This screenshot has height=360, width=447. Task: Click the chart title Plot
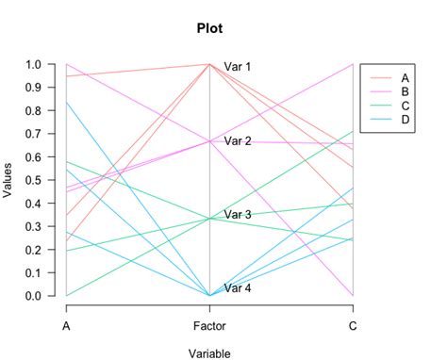(209, 27)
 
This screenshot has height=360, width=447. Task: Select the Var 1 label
(238, 66)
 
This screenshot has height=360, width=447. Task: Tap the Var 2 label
(238, 141)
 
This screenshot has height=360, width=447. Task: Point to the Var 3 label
(238, 215)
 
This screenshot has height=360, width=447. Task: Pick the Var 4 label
(238, 288)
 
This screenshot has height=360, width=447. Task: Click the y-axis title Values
(9, 179)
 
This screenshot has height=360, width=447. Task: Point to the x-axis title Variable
(208, 353)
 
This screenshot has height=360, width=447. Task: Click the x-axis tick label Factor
(209, 326)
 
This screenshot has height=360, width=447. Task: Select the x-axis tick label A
(66, 326)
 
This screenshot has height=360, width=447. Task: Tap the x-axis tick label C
(353, 326)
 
